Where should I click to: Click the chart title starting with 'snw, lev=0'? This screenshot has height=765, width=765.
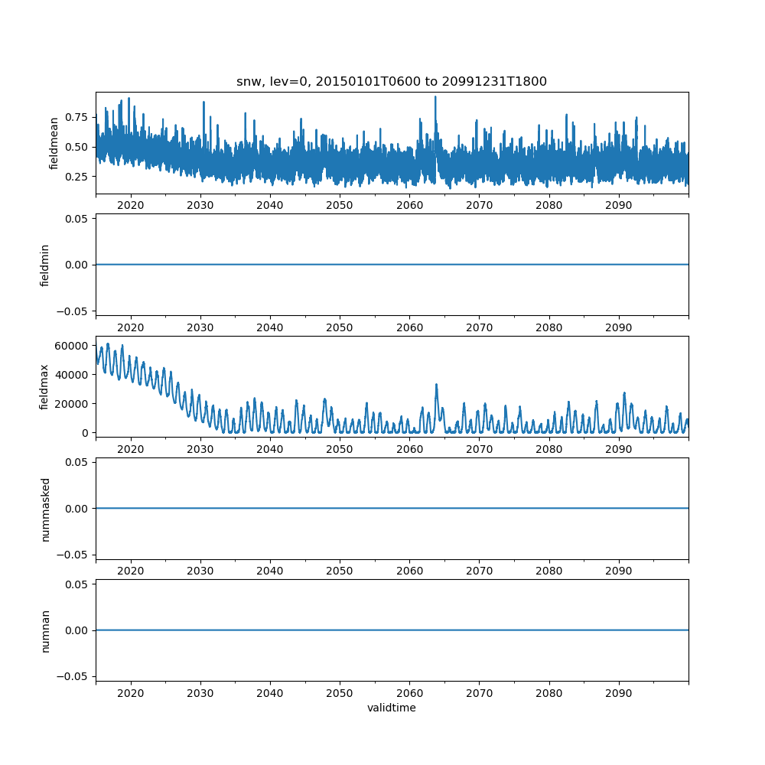click(x=392, y=82)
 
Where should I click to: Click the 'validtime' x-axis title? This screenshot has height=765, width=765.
click(x=392, y=708)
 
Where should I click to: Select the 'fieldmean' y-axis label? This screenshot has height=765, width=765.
click(x=54, y=144)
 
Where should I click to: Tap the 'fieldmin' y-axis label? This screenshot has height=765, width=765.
click(x=45, y=265)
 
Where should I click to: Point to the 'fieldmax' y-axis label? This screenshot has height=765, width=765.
click(x=45, y=386)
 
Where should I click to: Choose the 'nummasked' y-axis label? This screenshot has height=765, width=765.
click(x=45, y=509)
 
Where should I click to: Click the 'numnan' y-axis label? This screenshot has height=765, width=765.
click(x=45, y=630)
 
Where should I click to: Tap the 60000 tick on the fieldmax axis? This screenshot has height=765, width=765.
click(x=73, y=345)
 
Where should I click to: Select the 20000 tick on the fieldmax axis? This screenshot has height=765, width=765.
click(x=73, y=403)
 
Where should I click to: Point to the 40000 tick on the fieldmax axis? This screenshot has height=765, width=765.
click(x=73, y=374)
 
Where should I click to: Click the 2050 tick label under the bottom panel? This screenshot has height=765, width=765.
click(x=340, y=693)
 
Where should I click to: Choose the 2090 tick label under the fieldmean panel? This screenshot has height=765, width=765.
click(x=618, y=206)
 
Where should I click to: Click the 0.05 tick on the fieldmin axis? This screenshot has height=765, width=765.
click(x=75, y=219)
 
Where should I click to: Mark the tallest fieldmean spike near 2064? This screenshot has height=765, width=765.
click(x=435, y=97)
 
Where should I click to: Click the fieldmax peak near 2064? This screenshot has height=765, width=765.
click(x=436, y=385)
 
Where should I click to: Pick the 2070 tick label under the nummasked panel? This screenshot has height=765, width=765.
click(x=479, y=571)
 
